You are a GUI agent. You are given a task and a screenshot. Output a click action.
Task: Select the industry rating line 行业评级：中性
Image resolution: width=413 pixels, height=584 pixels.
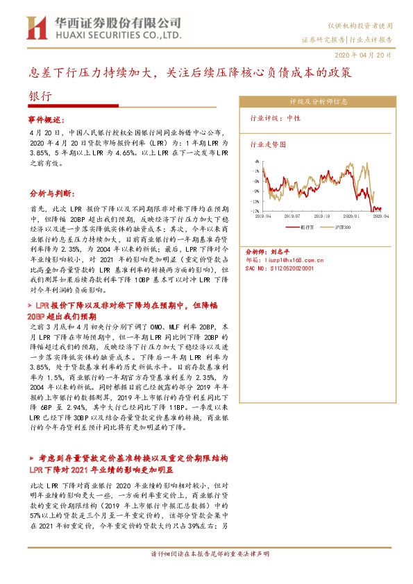coord(275,119)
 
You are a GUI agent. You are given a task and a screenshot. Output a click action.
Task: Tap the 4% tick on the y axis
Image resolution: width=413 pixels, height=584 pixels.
coord(256,161)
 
